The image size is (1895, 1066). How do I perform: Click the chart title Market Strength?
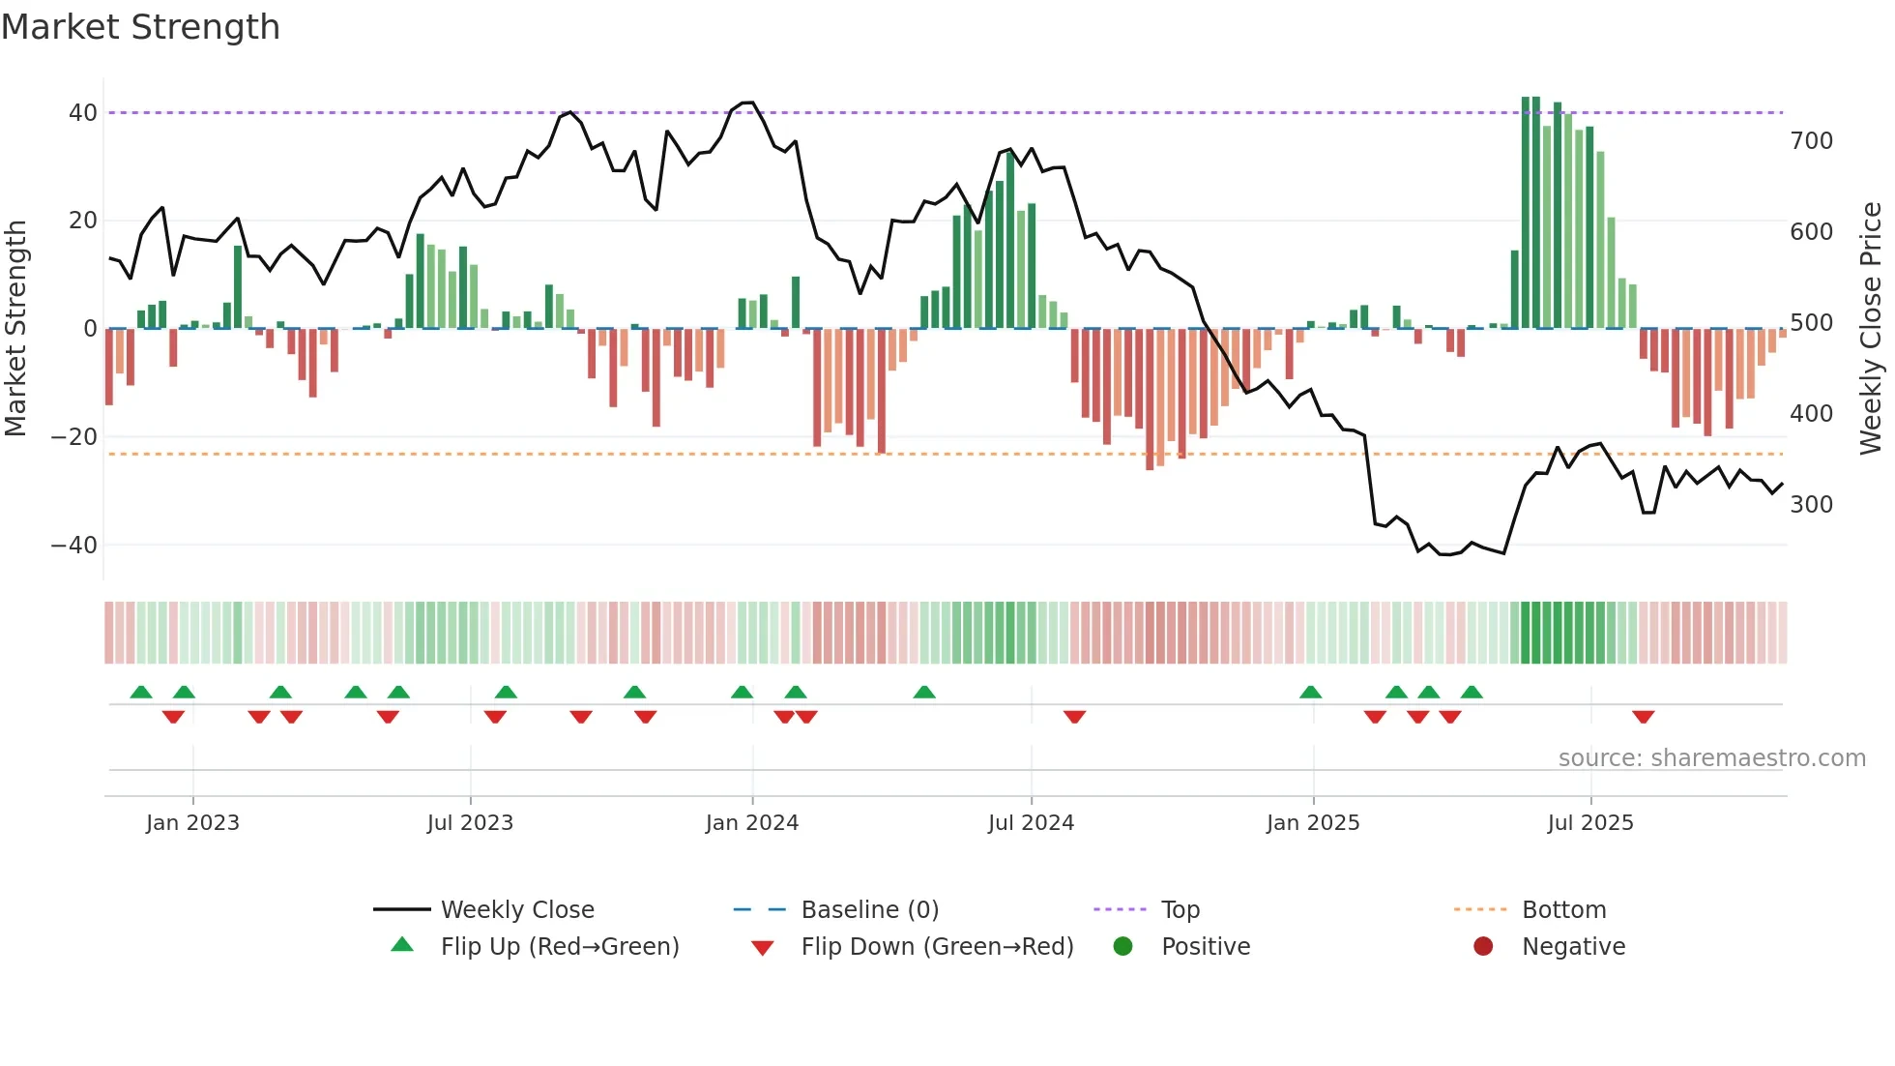click(140, 27)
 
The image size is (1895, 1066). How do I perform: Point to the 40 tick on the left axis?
click(83, 113)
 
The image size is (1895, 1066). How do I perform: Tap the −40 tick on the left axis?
click(74, 546)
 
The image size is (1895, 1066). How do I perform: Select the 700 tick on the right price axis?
click(1811, 141)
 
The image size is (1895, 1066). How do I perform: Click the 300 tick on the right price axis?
click(1811, 505)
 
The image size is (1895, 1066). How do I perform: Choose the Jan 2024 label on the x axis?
click(751, 823)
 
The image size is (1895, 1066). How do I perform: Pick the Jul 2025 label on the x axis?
click(1589, 823)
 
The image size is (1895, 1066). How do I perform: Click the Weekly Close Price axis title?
click(1871, 329)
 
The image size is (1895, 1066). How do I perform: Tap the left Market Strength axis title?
click(15, 329)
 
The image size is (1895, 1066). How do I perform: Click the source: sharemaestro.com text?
click(1711, 758)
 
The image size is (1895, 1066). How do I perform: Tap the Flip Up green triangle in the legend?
click(402, 945)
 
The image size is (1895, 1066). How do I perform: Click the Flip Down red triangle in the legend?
click(762, 948)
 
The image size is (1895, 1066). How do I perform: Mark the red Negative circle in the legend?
click(1482, 946)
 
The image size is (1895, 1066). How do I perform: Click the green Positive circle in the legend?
click(1122, 946)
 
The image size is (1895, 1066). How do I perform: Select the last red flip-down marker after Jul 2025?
click(1643, 717)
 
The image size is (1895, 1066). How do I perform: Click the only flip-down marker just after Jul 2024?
click(1074, 717)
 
